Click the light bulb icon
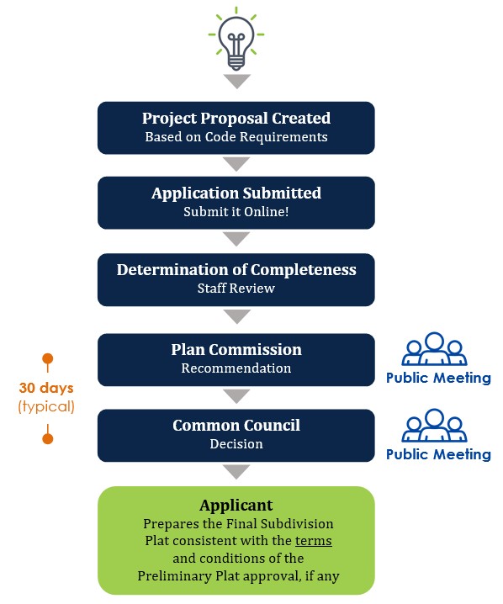(x=236, y=39)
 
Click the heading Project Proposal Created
(x=236, y=119)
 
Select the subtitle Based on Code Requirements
(x=236, y=137)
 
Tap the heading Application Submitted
(x=236, y=193)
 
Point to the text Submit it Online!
(x=236, y=212)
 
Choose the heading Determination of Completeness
(x=236, y=270)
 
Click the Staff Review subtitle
(x=236, y=289)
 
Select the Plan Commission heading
(x=236, y=350)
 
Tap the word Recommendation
(x=236, y=368)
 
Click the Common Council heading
(x=236, y=426)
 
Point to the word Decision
(x=236, y=444)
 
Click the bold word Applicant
(x=236, y=506)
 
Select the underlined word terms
(x=313, y=541)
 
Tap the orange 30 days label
(x=46, y=388)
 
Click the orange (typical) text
(x=46, y=406)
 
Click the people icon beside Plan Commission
(x=434, y=348)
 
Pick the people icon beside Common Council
(x=434, y=426)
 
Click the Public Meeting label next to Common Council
(x=438, y=454)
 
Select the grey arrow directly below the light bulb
(x=237, y=82)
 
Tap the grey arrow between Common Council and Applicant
(x=236, y=472)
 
